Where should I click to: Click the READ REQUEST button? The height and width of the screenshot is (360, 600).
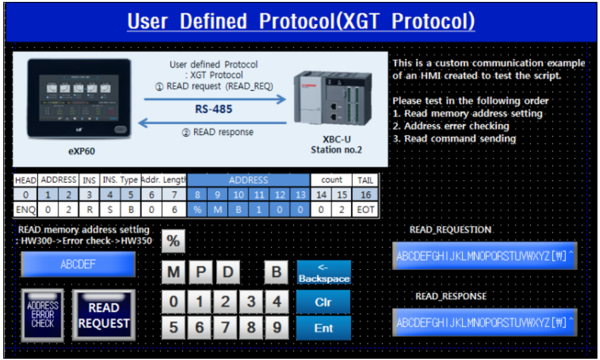[x=104, y=316]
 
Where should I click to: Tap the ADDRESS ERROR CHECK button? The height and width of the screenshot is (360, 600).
[x=42, y=315]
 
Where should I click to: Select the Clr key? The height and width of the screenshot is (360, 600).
[x=323, y=302]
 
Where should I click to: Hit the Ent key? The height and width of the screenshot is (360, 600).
[x=323, y=328]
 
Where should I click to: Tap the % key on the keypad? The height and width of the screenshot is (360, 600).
[x=173, y=241]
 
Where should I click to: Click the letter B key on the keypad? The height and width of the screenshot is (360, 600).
[x=276, y=273]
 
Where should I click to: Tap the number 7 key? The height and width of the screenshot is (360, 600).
[x=224, y=328]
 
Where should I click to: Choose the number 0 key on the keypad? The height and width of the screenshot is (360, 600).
[x=173, y=302]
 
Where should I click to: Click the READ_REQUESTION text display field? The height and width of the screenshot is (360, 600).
[x=484, y=256]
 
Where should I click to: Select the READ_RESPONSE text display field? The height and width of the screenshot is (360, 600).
[x=484, y=323]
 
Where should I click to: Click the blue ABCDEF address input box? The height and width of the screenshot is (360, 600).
[x=78, y=264]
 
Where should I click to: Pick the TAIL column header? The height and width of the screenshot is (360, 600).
[x=366, y=181]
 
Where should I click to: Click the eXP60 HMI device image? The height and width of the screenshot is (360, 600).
[x=80, y=99]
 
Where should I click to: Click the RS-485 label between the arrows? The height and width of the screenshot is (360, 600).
[x=213, y=109]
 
